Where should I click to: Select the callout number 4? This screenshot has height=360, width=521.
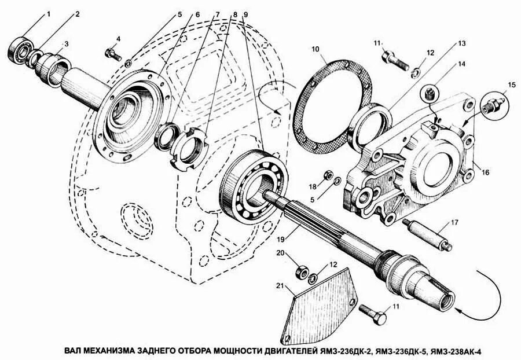118,39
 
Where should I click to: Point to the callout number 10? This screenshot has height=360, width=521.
316,49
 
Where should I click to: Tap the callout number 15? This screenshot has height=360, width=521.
511,85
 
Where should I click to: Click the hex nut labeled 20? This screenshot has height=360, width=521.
302,269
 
